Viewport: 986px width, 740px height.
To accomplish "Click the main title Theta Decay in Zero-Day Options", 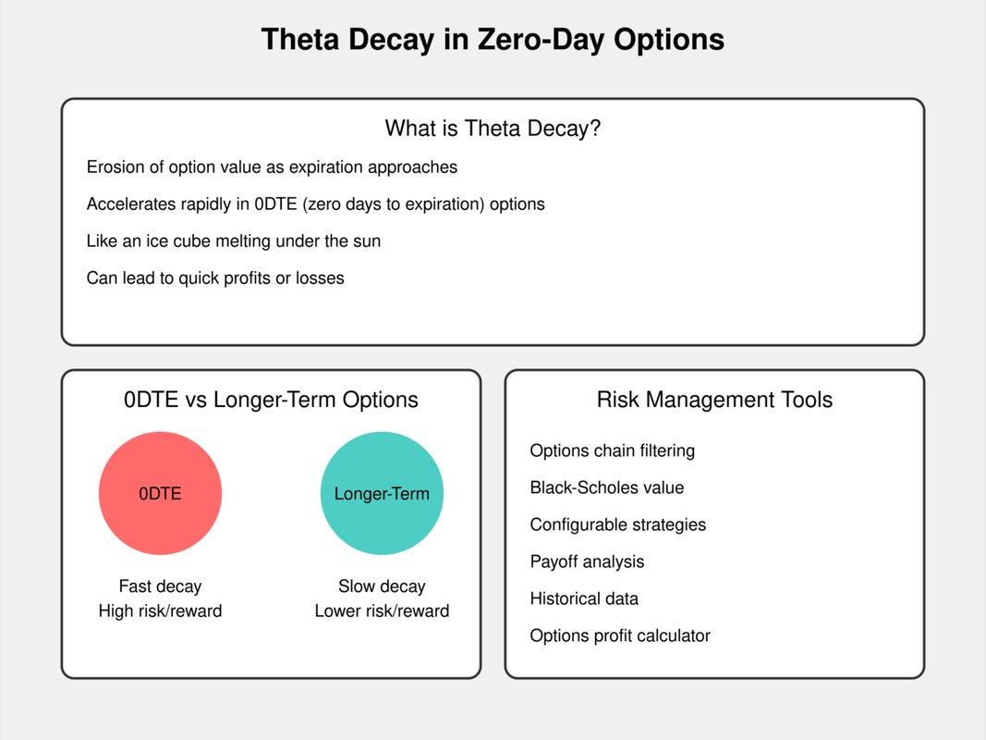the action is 493,39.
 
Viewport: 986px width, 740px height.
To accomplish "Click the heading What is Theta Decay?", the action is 493,129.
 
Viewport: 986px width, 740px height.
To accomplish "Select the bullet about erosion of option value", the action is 272,167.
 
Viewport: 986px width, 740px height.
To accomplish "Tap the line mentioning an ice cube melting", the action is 233,241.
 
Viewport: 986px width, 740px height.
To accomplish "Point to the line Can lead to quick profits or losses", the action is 215,278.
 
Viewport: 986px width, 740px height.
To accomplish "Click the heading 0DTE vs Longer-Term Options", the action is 271,400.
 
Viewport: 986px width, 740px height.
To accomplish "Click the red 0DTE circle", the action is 161,493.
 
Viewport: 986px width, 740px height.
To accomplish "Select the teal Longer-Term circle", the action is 382,493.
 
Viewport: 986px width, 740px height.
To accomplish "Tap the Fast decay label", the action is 161,586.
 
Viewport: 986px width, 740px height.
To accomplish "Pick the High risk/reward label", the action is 161,611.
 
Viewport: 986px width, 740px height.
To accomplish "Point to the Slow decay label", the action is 382,586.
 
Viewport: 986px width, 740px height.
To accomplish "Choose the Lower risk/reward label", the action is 382,611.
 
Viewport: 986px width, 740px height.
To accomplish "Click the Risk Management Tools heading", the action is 714,400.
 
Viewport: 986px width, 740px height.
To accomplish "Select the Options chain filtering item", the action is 613,451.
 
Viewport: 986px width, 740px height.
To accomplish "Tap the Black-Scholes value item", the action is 607,487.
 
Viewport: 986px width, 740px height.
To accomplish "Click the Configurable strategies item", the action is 618,524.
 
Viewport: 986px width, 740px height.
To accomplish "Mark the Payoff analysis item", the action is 588,561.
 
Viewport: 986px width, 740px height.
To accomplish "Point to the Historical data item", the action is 584,598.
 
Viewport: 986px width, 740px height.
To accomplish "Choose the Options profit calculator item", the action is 620,635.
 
